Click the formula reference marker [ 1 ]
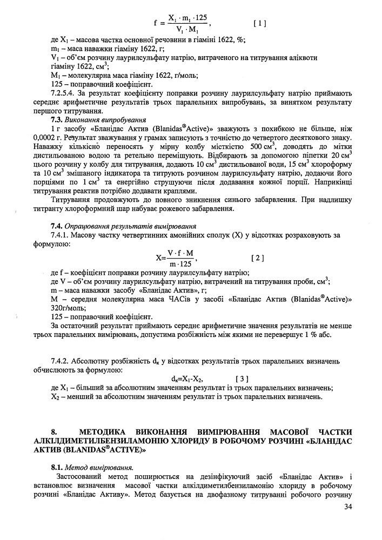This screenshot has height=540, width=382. point(259,23)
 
